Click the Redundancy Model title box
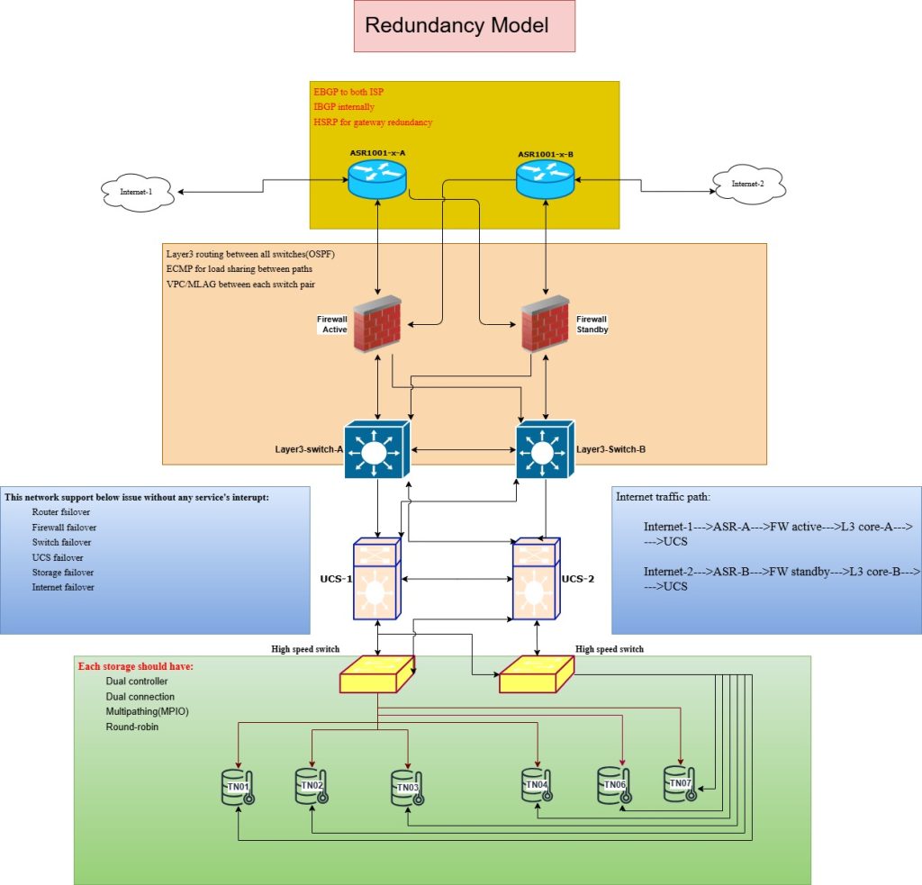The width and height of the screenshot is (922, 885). click(457, 26)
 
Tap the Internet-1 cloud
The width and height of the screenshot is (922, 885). click(136, 192)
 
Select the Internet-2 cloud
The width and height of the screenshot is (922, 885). click(747, 185)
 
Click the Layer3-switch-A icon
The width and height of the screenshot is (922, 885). click(379, 447)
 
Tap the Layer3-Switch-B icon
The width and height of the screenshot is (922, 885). click(543, 447)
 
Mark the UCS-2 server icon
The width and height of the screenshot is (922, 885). click(537, 578)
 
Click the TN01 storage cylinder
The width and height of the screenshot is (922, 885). click(237, 786)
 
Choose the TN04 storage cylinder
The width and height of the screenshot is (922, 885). click(537, 784)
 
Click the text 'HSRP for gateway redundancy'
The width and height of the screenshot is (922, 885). click(373, 122)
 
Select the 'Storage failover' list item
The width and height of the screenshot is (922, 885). click(61, 573)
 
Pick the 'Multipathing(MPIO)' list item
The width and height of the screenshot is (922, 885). click(147, 711)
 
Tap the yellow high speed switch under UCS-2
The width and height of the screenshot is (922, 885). click(537, 673)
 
